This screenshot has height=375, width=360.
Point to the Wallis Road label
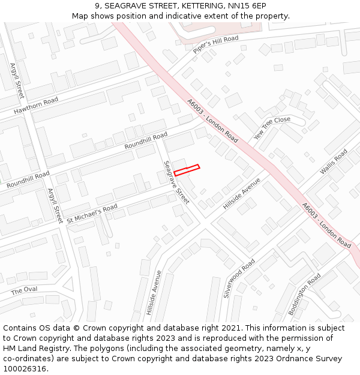click(x=334, y=162)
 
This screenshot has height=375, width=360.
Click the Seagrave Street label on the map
click(x=176, y=182)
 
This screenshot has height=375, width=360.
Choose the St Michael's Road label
click(x=92, y=212)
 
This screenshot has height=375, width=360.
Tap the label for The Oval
click(x=24, y=290)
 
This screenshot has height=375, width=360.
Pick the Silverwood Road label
click(x=239, y=278)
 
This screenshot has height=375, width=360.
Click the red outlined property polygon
click(x=187, y=170)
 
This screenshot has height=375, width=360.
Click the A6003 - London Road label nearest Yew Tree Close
click(x=212, y=121)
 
